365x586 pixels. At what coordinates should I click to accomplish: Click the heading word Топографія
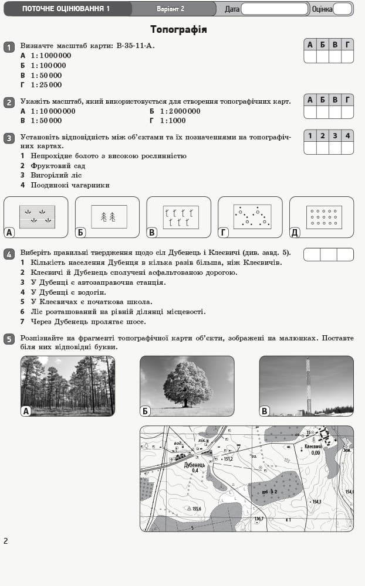click(178, 29)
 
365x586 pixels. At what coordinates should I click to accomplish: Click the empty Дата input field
click(274, 9)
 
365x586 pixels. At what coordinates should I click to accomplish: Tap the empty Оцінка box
click(342, 9)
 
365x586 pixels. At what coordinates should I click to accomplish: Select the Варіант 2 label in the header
click(170, 9)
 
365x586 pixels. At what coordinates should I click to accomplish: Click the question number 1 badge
click(9, 47)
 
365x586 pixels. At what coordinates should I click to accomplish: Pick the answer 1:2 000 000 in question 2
click(179, 111)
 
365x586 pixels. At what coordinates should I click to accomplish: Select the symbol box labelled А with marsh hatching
click(37, 216)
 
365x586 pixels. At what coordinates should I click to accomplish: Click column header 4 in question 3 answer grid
click(347, 135)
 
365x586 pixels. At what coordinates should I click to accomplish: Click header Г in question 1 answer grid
click(347, 44)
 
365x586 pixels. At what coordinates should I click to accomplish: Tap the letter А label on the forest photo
click(26, 411)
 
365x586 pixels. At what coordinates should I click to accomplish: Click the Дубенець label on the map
click(194, 465)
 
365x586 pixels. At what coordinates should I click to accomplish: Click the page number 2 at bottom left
click(6, 541)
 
